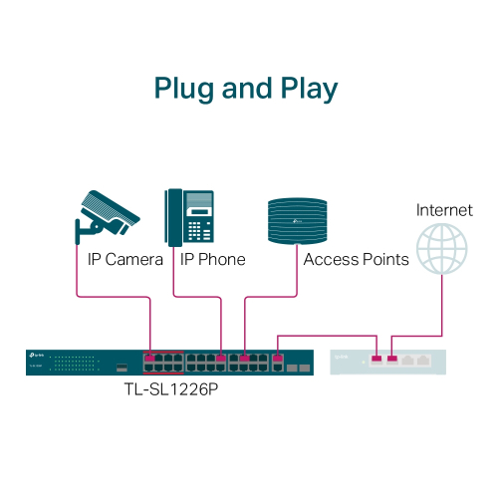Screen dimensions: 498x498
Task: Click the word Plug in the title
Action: (185, 89)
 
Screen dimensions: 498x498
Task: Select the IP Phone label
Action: (212, 260)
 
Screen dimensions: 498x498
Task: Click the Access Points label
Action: (356, 260)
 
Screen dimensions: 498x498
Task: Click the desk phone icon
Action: (192, 215)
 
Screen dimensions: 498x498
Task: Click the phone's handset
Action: (173, 215)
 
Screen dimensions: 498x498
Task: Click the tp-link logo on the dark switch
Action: (42, 356)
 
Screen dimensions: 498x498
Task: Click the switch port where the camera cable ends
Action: (150, 356)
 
